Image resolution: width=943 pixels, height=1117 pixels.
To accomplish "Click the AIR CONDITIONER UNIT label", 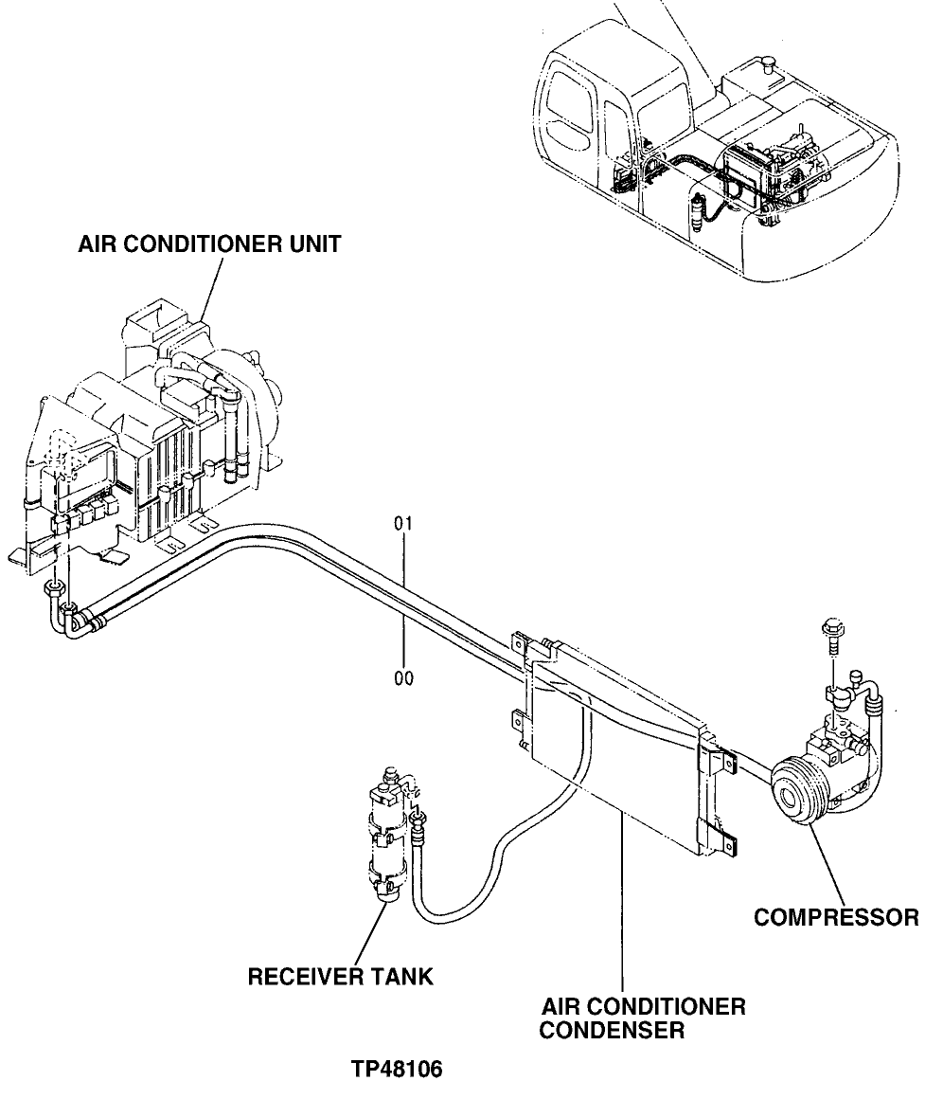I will pos(209,245).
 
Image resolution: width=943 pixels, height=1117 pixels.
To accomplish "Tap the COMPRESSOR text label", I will pos(835,917).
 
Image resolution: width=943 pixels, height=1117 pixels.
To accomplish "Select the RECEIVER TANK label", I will pos(340,977).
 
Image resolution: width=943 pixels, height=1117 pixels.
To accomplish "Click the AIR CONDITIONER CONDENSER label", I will pos(642,1018).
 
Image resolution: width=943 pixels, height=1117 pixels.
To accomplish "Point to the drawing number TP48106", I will pos(396,1070).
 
